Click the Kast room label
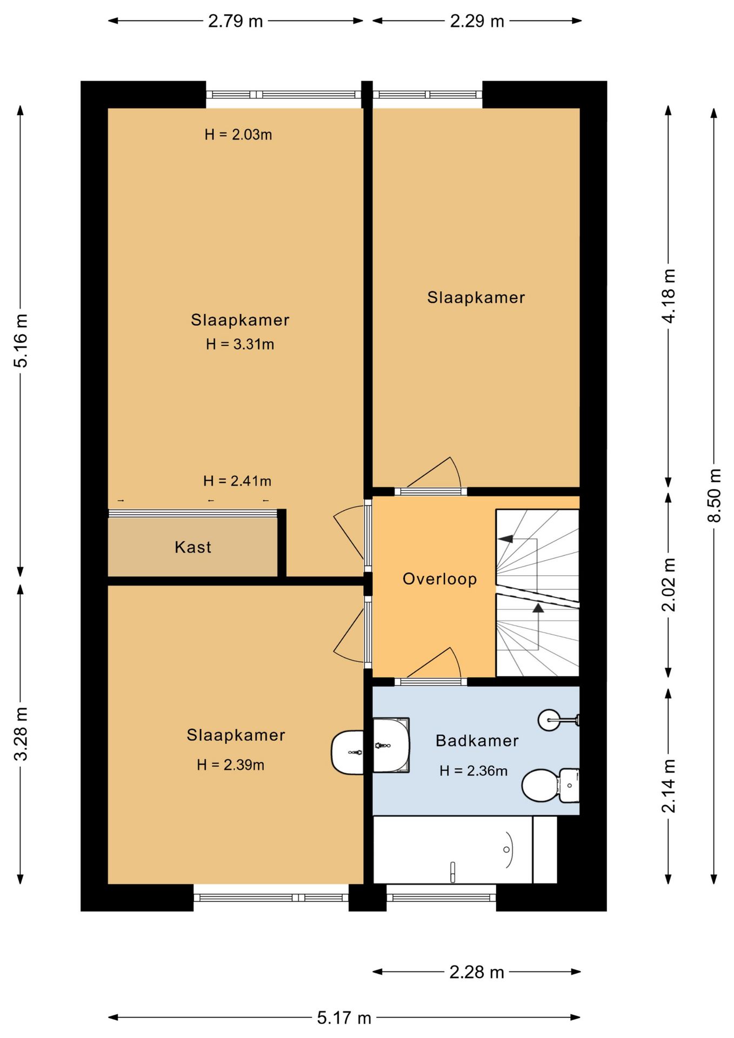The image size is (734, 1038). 192,547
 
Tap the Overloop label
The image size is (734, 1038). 439,579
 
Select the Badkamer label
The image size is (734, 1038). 477,741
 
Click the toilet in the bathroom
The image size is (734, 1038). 550,786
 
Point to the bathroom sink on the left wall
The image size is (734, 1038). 391,746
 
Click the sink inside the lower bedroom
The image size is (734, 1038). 347,752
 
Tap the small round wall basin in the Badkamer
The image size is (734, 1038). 550,720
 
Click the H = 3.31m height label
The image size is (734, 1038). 240,344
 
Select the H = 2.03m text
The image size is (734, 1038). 238,135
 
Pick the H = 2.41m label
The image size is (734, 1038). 237,481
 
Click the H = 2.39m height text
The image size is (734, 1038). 231,765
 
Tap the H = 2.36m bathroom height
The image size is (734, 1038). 473,771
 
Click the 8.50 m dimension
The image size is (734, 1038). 714,495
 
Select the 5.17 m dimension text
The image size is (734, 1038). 344,1019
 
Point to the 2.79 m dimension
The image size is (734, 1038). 236,21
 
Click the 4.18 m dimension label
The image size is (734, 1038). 669,296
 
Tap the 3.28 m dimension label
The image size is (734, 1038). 21,734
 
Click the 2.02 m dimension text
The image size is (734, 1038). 669,584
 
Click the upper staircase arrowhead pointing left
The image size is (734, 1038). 505,538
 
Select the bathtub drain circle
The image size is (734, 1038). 506,849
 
